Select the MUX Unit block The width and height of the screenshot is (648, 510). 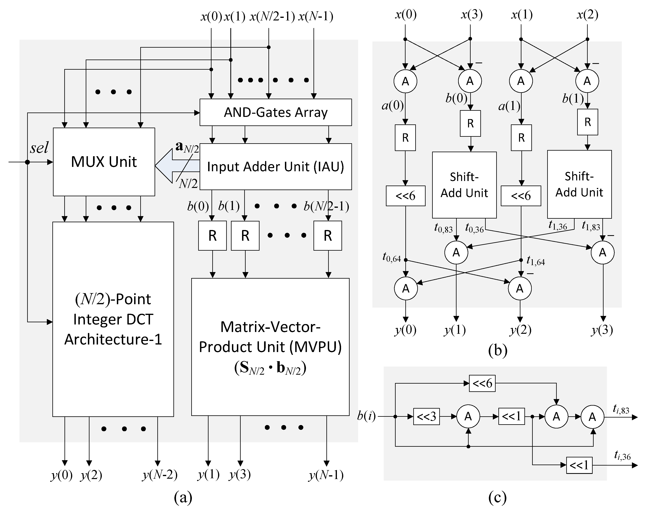104,162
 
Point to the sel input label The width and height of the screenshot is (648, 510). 39,147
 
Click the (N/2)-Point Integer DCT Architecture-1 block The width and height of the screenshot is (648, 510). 113,319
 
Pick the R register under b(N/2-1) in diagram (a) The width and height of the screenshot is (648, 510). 327,236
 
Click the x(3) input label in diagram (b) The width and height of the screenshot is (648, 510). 471,14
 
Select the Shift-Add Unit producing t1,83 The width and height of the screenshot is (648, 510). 579,184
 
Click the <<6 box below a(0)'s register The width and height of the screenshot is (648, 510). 405,196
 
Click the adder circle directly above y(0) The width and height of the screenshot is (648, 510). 406,289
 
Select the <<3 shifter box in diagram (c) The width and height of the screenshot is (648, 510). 426,416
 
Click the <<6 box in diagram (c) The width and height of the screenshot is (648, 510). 482,383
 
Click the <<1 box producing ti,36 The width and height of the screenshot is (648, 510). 579,465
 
